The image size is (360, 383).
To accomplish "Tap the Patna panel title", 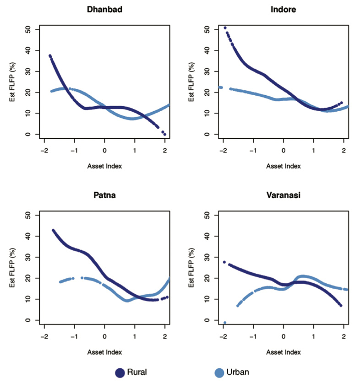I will pos(104,195).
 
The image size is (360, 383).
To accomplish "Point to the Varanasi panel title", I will pos(284,195).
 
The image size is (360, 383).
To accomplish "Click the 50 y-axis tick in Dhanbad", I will pos(29,29).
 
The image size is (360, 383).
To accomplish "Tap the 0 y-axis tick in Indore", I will pos(207,135).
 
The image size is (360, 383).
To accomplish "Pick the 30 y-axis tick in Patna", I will pos(29,257).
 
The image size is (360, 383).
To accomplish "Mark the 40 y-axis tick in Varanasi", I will pos(207,236).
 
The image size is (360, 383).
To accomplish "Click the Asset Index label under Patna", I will pos(104,352).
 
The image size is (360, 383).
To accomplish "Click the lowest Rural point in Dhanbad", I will pos(165,135).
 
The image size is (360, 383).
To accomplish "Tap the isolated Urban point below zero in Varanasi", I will pos(224,323).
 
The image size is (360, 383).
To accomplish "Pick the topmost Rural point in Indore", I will pos(225,28).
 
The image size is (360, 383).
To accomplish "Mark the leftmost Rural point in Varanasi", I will pos(224,262).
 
